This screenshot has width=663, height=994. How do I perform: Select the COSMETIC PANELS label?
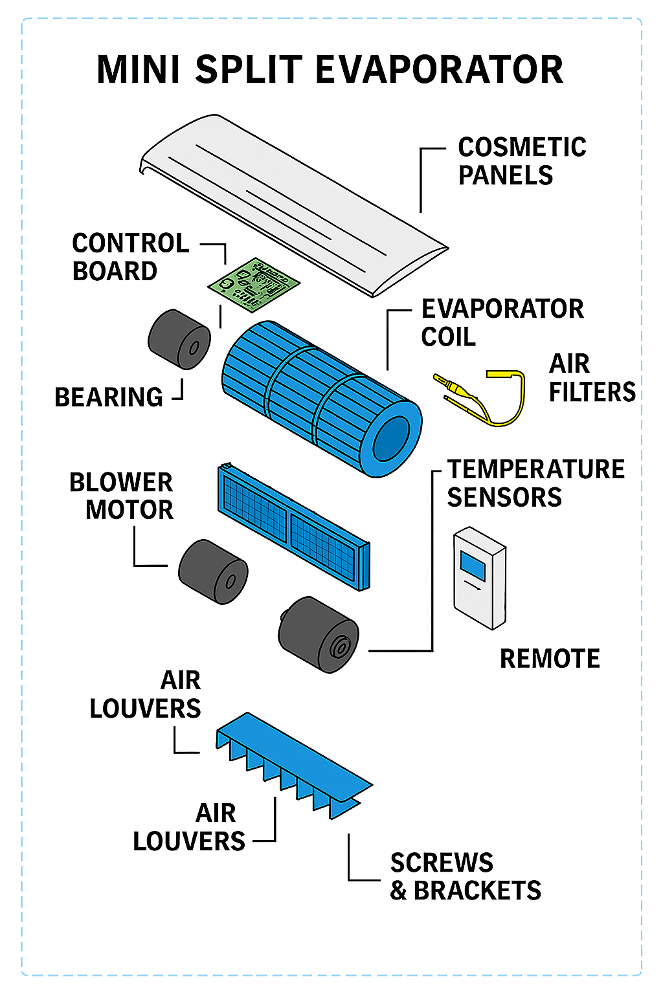pyautogui.click(x=521, y=161)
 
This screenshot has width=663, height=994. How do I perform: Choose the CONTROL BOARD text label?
pyautogui.click(x=129, y=257)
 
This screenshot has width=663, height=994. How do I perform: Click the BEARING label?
pyautogui.click(x=108, y=397)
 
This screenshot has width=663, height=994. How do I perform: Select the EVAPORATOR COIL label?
pyautogui.click(x=502, y=322)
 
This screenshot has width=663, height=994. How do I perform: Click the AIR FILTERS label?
pyautogui.click(x=591, y=378)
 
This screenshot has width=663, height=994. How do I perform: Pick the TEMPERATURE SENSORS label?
pyautogui.click(x=535, y=483)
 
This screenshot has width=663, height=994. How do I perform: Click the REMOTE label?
pyautogui.click(x=550, y=659)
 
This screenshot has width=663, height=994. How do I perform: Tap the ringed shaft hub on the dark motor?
pyautogui.click(x=339, y=647)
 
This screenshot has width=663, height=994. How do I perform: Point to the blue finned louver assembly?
pyautogui.click(x=291, y=764)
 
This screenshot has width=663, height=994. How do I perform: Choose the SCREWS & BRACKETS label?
pyautogui.click(x=465, y=877)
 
